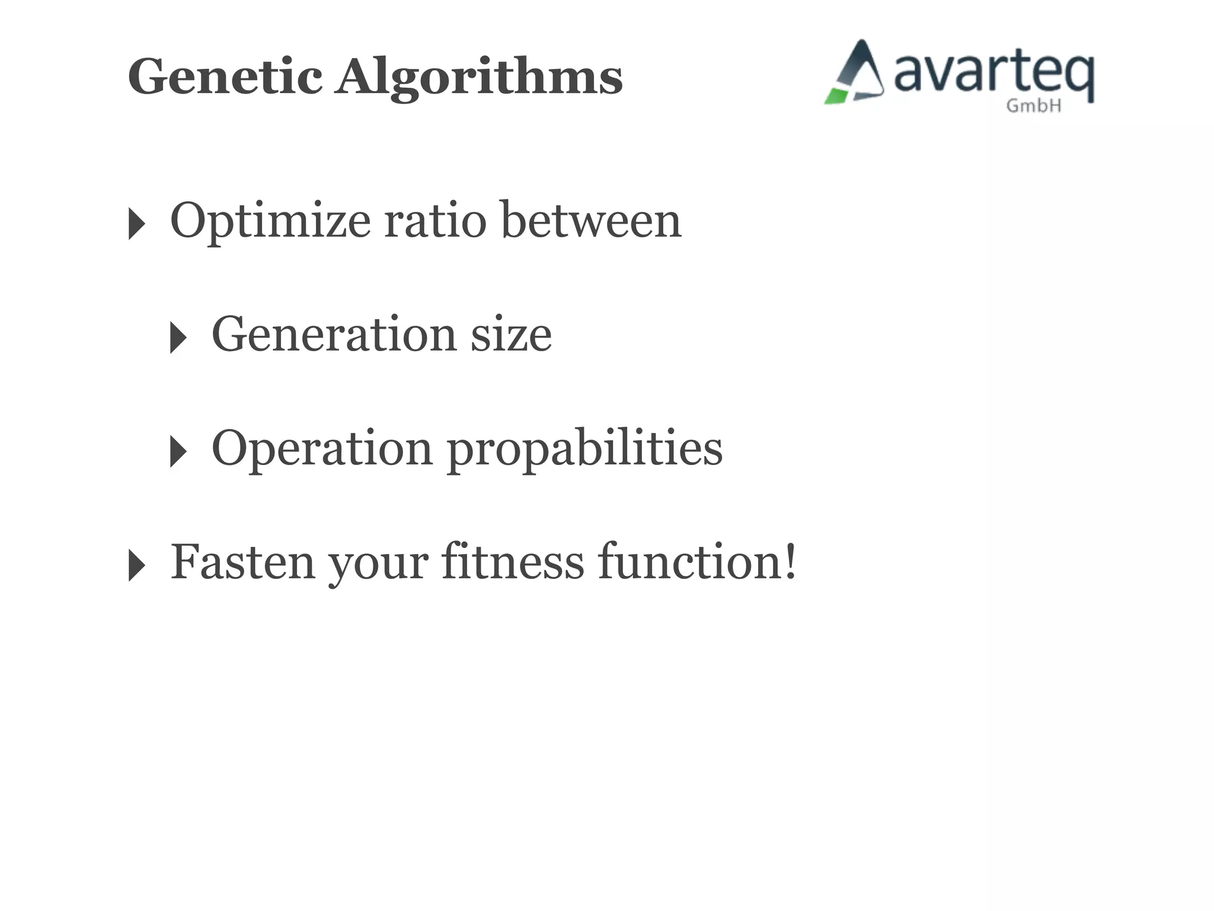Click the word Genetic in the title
point(225,77)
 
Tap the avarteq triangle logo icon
point(855,74)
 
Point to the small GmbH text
point(1034,106)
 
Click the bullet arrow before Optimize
point(136,224)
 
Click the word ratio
point(436,221)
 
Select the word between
point(592,221)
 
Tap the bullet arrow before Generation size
point(178,337)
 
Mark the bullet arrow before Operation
point(178,451)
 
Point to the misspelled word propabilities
point(584,449)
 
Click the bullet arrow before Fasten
point(136,565)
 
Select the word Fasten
point(242,562)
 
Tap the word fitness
point(513,562)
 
